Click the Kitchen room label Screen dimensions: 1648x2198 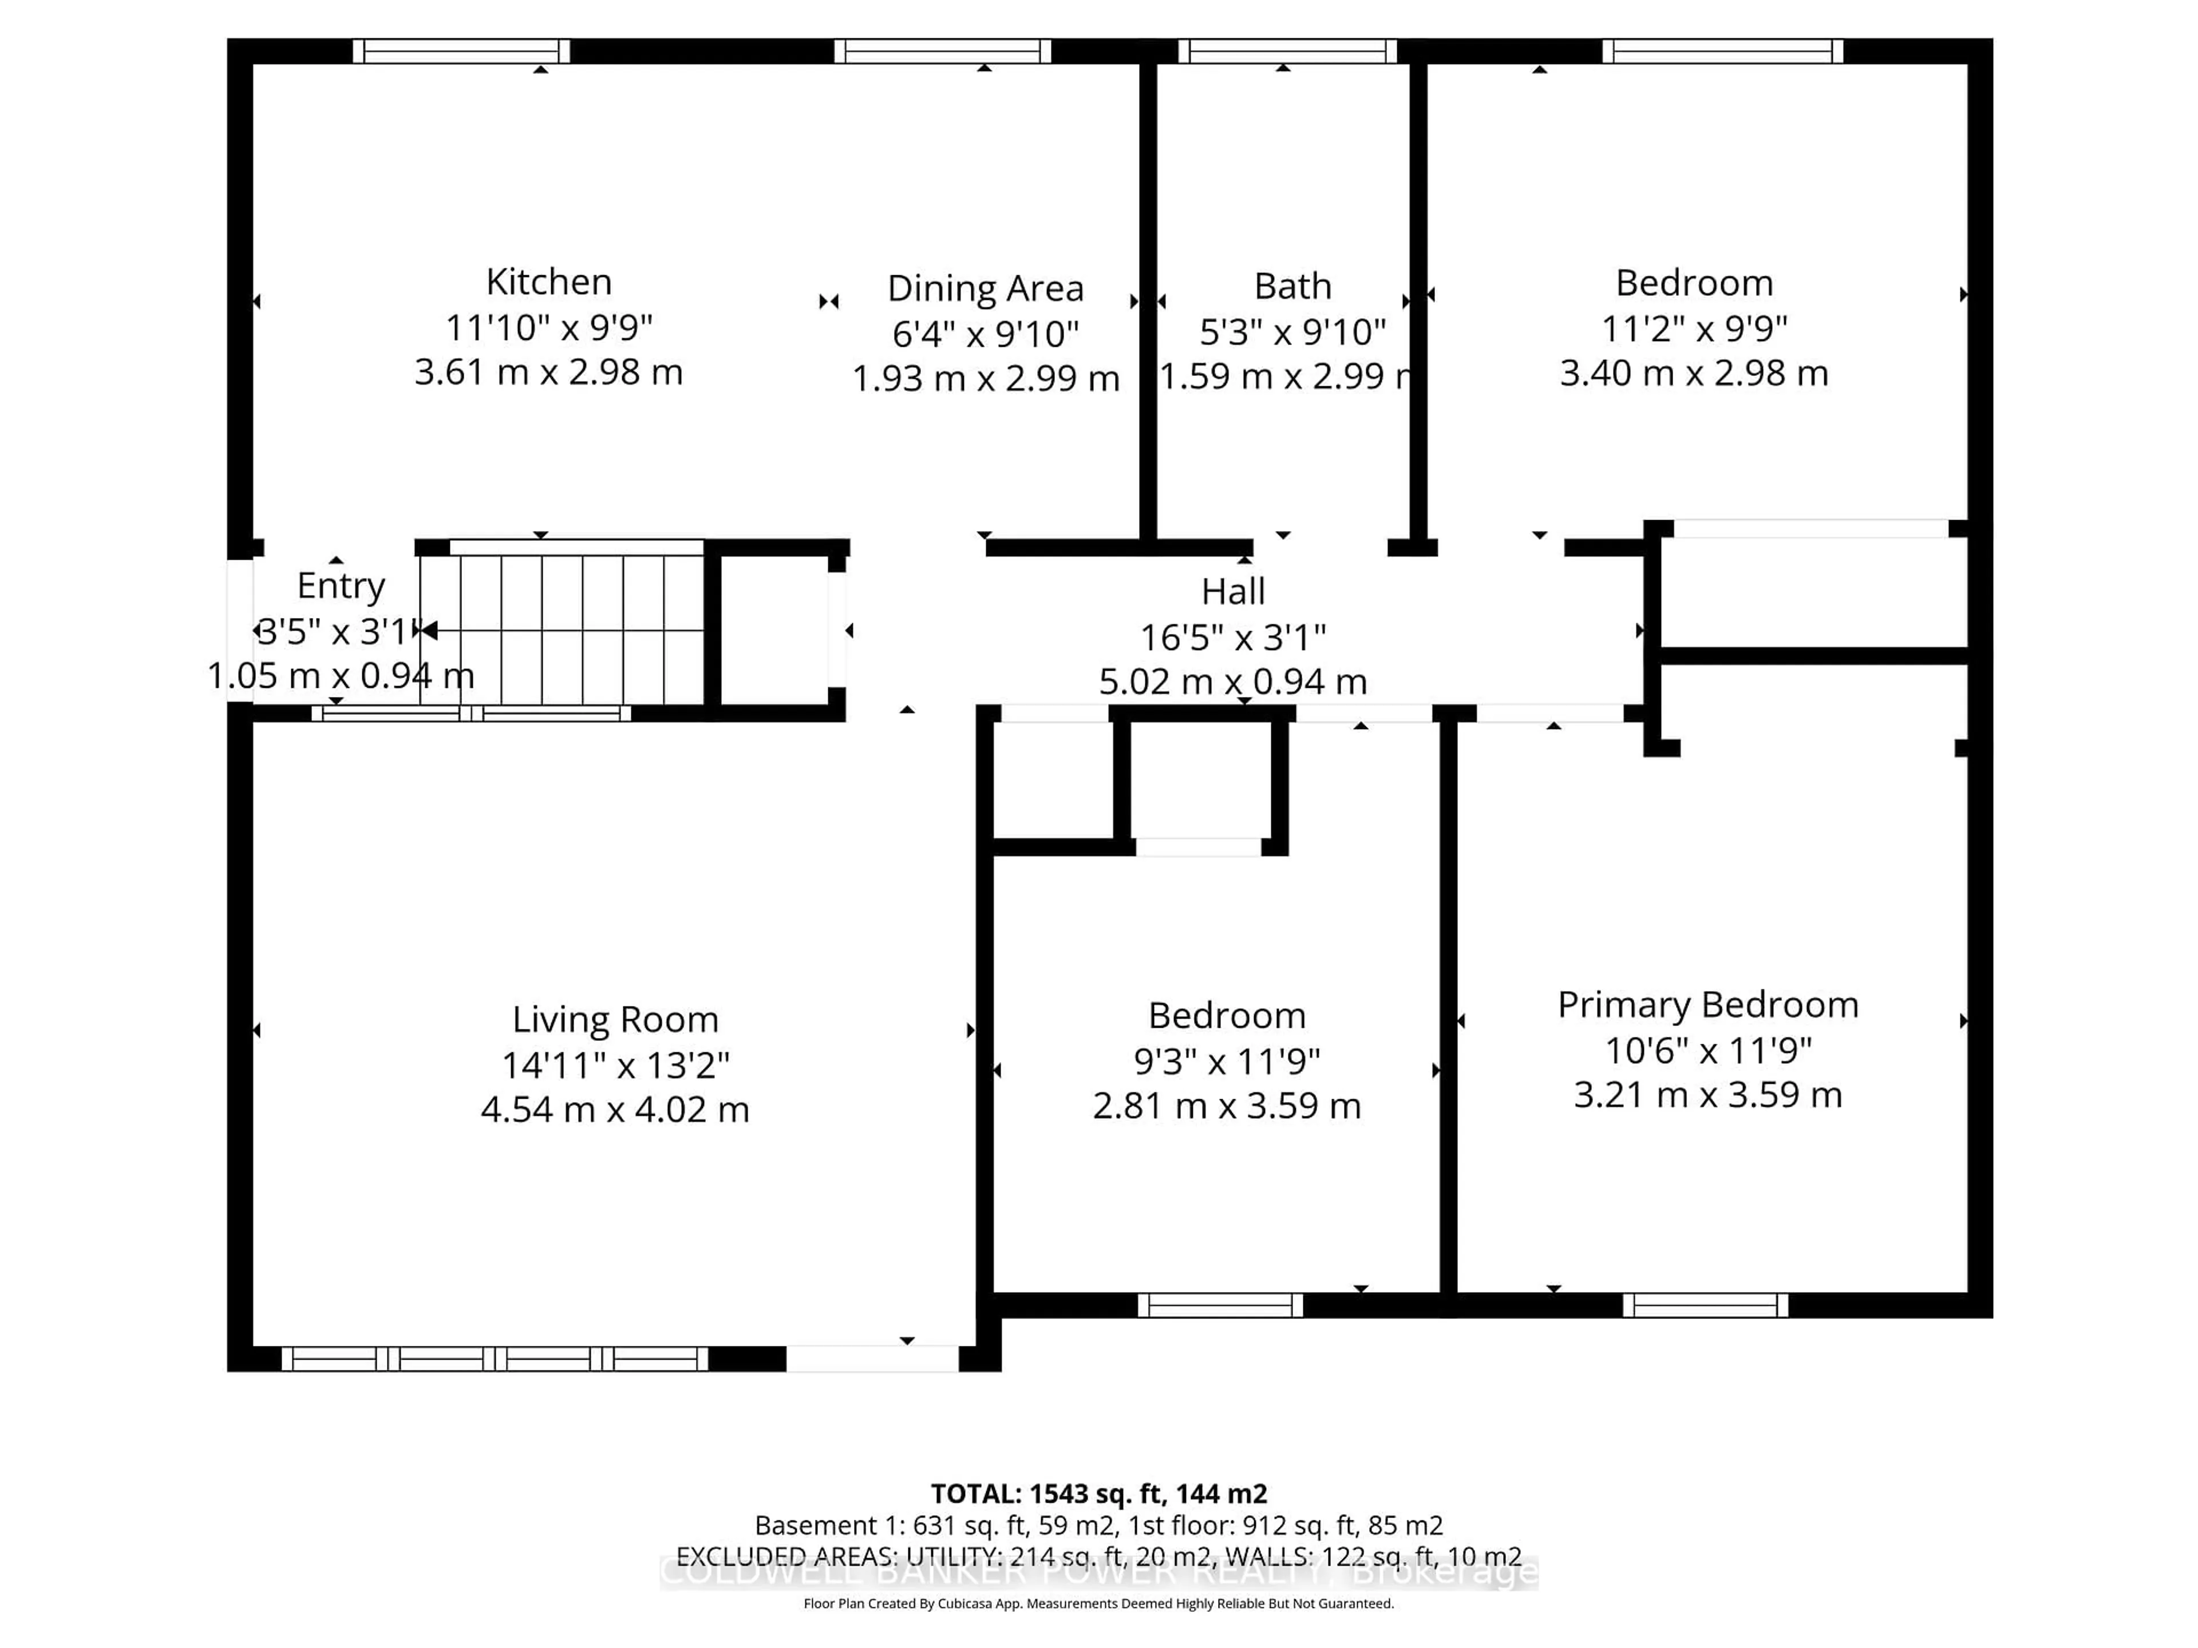(x=548, y=282)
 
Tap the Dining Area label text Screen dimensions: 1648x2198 (x=985, y=288)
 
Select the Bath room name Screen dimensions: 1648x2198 (x=1292, y=286)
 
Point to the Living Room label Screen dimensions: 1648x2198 (x=615, y=1019)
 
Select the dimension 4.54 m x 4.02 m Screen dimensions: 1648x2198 (x=615, y=1108)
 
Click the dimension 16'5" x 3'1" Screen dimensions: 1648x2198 (x=1232, y=637)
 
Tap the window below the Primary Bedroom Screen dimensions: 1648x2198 (x=1705, y=1305)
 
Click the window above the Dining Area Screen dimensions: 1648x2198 (x=942, y=51)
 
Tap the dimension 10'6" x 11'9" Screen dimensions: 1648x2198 (x=1707, y=1050)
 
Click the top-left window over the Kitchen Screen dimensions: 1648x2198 (x=461, y=51)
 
